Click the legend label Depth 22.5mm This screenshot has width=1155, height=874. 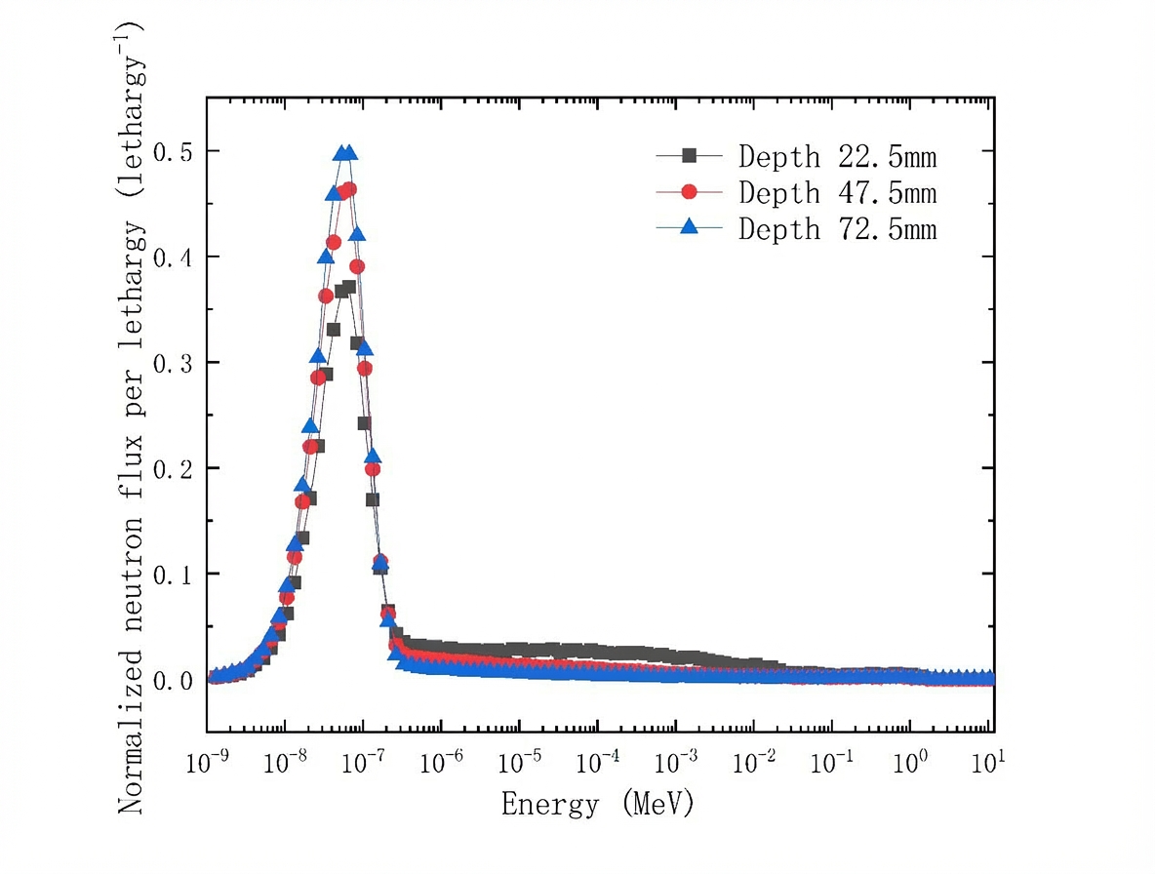tap(837, 156)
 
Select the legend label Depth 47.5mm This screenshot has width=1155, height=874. tap(837, 192)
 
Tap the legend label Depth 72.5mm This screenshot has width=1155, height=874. tap(837, 229)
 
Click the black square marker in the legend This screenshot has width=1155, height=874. tap(689, 155)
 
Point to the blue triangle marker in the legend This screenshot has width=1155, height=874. tap(689, 228)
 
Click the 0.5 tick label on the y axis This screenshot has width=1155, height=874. tap(172, 151)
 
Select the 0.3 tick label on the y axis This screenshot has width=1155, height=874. tap(172, 363)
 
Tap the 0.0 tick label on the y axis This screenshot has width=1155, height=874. tap(172, 680)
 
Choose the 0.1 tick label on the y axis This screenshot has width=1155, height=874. tap(172, 574)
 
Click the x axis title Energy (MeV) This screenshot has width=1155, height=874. tap(598, 805)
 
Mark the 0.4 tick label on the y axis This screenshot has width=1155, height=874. tap(172, 257)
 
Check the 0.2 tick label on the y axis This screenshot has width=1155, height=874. tap(172, 468)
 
